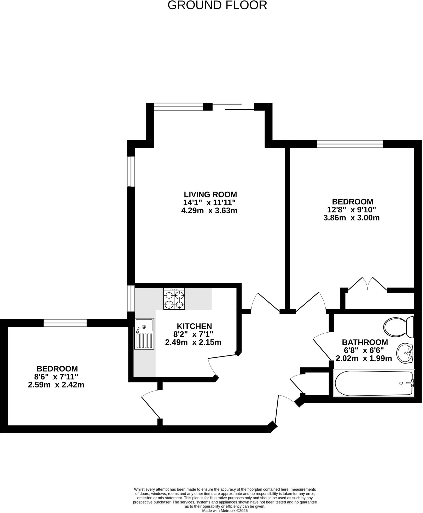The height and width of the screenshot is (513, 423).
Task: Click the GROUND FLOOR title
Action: pos(217,6)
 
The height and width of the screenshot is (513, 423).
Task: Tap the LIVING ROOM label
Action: pos(210,194)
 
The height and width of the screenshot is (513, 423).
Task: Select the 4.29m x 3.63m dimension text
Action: pos(209,210)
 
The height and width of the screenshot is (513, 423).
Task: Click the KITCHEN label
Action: pos(194,326)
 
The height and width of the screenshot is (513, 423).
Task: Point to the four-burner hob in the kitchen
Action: pos(174,299)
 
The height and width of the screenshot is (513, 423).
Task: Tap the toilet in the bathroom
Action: pos(398,327)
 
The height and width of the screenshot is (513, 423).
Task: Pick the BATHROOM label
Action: pos(365,342)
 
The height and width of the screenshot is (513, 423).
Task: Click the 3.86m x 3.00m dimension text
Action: pos(351,218)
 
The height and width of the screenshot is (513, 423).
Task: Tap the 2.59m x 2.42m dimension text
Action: pos(56,385)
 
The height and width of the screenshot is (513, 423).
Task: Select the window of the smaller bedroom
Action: pos(65,323)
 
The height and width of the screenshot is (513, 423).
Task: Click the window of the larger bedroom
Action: pos(350,144)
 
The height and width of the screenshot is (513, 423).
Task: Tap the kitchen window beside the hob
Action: pos(131,298)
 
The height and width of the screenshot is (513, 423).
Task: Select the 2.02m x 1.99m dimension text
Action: pos(363,358)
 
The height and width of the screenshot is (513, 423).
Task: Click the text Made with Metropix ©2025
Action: pos(225,510)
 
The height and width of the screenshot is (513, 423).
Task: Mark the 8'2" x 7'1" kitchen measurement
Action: pos(193,334)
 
